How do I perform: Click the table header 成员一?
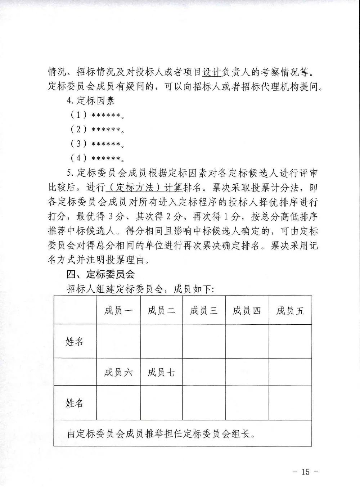click(118, 310)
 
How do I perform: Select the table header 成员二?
click(161, 310)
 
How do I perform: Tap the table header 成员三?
click(204, 310)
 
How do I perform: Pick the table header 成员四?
click(247, 310)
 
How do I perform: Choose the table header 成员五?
click(290, 310)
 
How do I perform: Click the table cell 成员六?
click(118, 372)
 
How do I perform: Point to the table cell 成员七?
click(161, 372)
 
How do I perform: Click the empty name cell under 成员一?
click(118, 341)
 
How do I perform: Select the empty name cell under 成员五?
click(290, 341)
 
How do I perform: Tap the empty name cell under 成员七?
click(161, 403)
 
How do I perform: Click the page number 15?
click(306, 472)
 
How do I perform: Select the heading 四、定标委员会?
click(100, 274)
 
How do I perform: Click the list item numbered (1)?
click(97, 115)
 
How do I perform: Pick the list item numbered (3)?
click(97, 144)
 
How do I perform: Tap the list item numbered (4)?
click(97, 158)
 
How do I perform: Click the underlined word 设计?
click(211, 72)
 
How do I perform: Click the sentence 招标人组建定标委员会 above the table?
click(140, 289)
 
